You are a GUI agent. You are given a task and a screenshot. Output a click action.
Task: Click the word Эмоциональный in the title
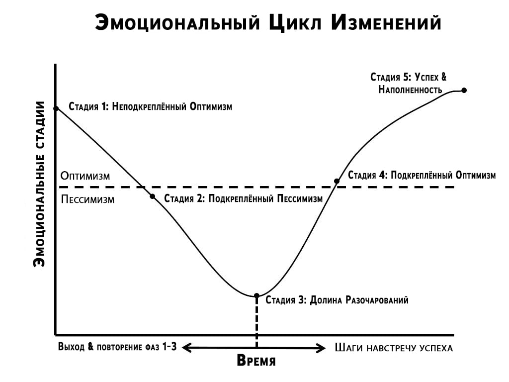pyautogui.click(x=176, y=22)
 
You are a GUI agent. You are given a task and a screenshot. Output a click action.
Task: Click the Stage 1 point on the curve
pyautogui.click(x=56, y=108)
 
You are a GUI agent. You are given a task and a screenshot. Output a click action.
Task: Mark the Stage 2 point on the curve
pyautogui.click(x=153, y=196)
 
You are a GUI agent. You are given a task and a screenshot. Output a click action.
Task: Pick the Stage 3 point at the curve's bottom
pyautogui.click(x=256, y=295)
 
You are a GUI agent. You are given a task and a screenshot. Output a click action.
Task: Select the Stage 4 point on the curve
pyautogui.click(x=337, y=181)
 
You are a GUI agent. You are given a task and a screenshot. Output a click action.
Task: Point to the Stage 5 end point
pyautogui.click(x=464, y=90)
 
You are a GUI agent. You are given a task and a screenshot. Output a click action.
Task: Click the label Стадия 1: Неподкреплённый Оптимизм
pyautogui.click(x=150, y=106)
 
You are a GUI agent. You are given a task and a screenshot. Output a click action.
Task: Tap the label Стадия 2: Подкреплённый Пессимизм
pyautogui.click(x=243, y=198)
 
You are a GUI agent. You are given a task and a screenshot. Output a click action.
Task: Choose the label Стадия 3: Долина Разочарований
pyautogui.click(x=337, y=300)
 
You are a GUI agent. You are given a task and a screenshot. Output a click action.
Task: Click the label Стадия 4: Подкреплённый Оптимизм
pyautogui.click(x=422, y=175)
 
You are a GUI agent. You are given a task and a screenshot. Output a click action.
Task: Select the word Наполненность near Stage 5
pyautogui.click(x=410, y=90)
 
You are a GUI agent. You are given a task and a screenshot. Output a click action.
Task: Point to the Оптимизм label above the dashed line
pyautogui.click(x=85, y=176)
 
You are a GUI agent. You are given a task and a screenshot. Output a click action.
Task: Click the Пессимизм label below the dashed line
pyautogui.click(x=88, y=200)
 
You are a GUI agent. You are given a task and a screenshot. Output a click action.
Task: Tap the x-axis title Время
pyautogui.click(x=256, y=361)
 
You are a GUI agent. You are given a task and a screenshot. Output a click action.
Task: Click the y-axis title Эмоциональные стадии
pyautogui.click(x=39, y=184)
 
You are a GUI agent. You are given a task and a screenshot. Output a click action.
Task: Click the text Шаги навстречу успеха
pyautogui.click(x=394, y=348)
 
